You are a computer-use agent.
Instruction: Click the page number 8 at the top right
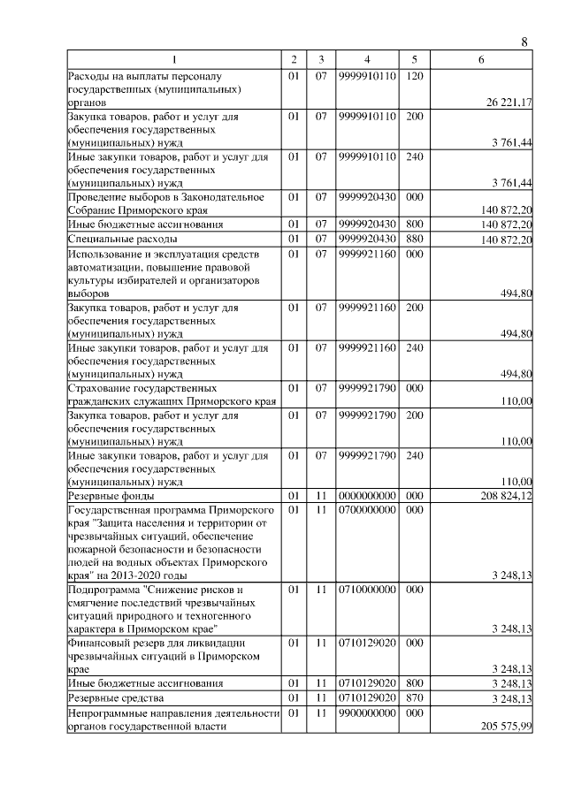pos(524,42)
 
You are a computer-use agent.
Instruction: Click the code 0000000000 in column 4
pos(366,496)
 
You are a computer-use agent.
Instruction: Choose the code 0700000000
pos(366,510)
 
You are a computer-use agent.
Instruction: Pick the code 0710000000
pos(366,588)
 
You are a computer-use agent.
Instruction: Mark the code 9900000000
pos(366,712)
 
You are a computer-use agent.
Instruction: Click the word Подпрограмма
pos(105,588)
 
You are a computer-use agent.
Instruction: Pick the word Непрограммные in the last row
pos(109,712)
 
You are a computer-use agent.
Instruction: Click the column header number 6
pos(480,59)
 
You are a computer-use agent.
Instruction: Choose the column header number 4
pos(366,59)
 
